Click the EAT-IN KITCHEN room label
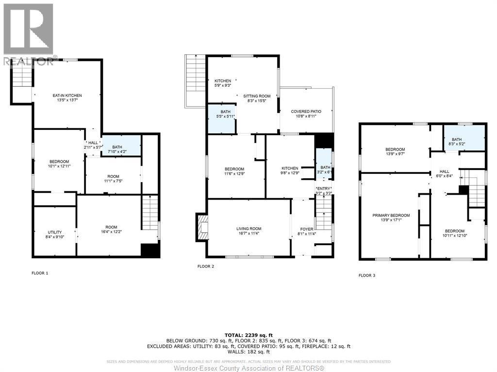pos(67,95)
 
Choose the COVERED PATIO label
pos(307,111)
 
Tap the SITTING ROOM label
pos(260,96)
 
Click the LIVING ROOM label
pos(248,229)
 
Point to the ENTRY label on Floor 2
pos(324,188)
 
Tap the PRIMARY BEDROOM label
pos(391,215)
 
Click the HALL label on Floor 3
pos(445,171)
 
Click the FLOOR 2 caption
pos(205,266)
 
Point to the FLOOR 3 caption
pos(366,275)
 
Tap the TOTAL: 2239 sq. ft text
pos(248,335)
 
